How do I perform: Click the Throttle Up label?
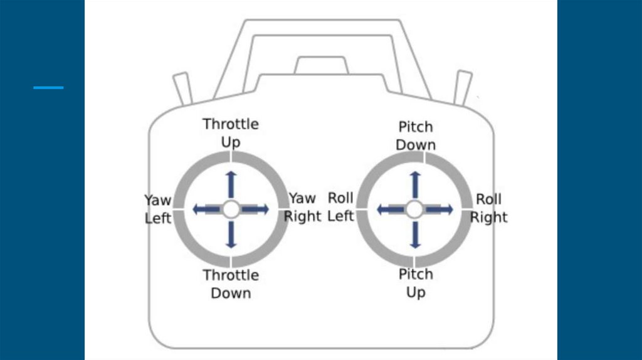(231, 133)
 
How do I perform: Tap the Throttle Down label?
(231, 284)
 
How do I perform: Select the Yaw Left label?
(158, 209)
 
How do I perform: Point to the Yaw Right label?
(303, 208)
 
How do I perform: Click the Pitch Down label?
(416, 135)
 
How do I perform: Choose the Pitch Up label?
(416, 283)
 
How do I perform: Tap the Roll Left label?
(341, 207)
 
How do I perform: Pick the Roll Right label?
(489, 208)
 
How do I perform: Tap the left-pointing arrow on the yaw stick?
(205, 209)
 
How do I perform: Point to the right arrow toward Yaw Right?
(256, 209)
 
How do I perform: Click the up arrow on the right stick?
(414, 184)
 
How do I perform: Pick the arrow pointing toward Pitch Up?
(414, 234)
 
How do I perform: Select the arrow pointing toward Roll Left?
(388, 209)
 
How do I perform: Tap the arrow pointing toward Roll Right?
(440, 209)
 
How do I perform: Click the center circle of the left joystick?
(231, 209)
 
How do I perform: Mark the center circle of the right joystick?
(414, 209)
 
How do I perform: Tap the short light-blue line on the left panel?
(48, 88)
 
